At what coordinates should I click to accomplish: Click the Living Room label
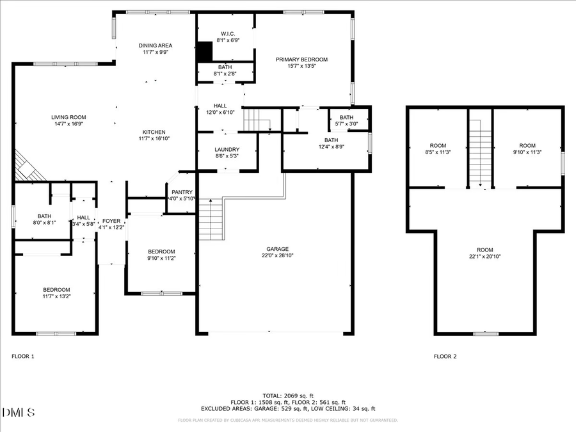coord(68,117)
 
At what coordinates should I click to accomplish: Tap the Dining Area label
coord(156,45)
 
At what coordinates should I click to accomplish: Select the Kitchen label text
coord(154,131)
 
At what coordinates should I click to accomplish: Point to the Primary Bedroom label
coord(296,60)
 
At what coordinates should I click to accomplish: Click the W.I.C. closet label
coord(228,33)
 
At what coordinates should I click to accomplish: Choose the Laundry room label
coord(227,149)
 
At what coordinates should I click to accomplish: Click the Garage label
coord(278,249)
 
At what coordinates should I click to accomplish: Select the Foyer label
coord(111,221)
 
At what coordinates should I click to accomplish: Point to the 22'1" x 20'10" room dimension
coord(484,256)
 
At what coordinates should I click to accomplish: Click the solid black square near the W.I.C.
coord(205,51)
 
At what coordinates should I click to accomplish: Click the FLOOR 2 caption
coord(445,356)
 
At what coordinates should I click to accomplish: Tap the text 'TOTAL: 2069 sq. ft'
coord(287,396)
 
